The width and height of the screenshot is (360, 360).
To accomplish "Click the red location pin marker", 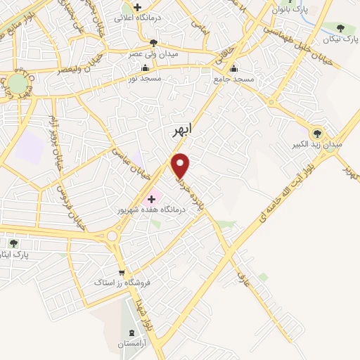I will (181, 165).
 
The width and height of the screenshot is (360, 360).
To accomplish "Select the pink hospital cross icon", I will (152, 199).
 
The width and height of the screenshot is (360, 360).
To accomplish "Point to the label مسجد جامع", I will (233, 79).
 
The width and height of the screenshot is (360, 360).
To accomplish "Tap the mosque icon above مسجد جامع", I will (233, 68).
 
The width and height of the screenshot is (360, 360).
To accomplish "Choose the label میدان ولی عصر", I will (154, 53).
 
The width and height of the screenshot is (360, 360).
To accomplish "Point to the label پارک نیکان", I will (341, 39).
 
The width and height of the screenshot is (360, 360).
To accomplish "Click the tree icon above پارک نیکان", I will (341, 28).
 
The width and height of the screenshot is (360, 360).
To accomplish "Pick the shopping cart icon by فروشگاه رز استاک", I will (122, 273).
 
